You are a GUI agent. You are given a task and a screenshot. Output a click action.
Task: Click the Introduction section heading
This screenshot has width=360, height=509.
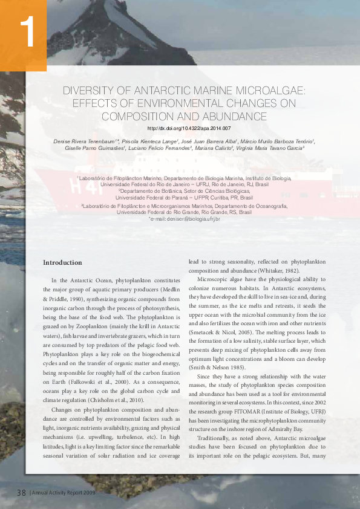click(x=62, y=263)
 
